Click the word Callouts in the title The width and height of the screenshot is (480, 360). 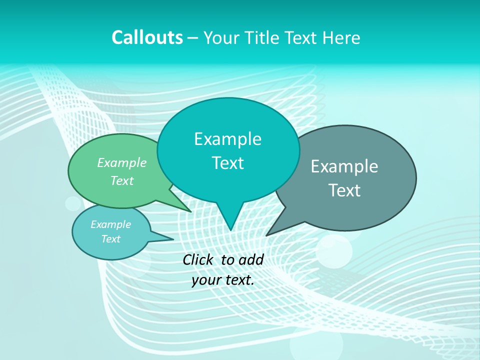pyautogui.click(x=147, y=37)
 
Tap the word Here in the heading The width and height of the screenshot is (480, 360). pyautogui.click(x=341, y=37)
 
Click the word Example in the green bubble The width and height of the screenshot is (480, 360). pyautogui.click(x=122, y=162)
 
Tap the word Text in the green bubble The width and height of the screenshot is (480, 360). pyautogui.click(x=122, y=180)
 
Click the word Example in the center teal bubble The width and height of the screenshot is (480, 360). pyautogui.click(x=227, y=139)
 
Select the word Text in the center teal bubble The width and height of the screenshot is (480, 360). pyautogui.click(x=227, y=163)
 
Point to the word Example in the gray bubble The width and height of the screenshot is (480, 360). pyautogui.click(x=344, y=166)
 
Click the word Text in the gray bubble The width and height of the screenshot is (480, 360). pyautogui.click(x=344, y=190)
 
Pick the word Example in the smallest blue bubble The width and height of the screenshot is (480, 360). pyautogui.click(x=111, y=224)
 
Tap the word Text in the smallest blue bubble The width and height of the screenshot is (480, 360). pyautogui.click(x=111, y=239)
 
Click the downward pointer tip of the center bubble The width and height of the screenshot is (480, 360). pyautogui.click(x=230, y=230)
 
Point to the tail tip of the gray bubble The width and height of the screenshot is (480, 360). pyautogui.click(x=266, y=235)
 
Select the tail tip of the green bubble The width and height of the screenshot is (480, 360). pyautogui.click(x=191, y=211)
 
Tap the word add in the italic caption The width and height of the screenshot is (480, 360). pyautogui.click(x=251, y=259)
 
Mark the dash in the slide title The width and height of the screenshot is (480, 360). pyautogui.click(x=193, y=38)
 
